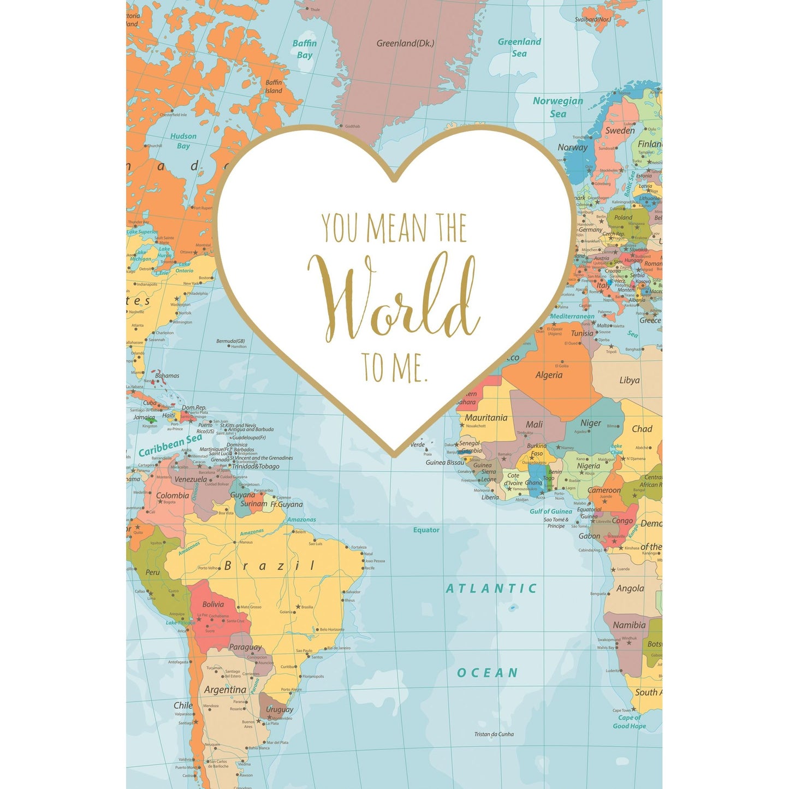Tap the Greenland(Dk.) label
coord(405,43)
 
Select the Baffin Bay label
coord(304,49)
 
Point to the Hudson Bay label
coord(183,141)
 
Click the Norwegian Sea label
coord(557,107)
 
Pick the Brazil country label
coord(269,566)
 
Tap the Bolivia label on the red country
coord(213,604)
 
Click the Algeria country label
coord(549,375)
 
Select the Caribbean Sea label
coord(170,445)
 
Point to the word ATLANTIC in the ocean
coord(491,588)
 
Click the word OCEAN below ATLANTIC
coord(487,673)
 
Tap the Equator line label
coord(426,530)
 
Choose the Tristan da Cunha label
coord(494,734)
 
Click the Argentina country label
coord(225,690)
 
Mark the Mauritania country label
coord(486,418)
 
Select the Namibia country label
coord(629,625)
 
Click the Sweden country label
coord(620,130)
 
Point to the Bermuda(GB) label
coord(230,341)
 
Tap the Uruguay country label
coord(280,709)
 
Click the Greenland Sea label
coord(519,48)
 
